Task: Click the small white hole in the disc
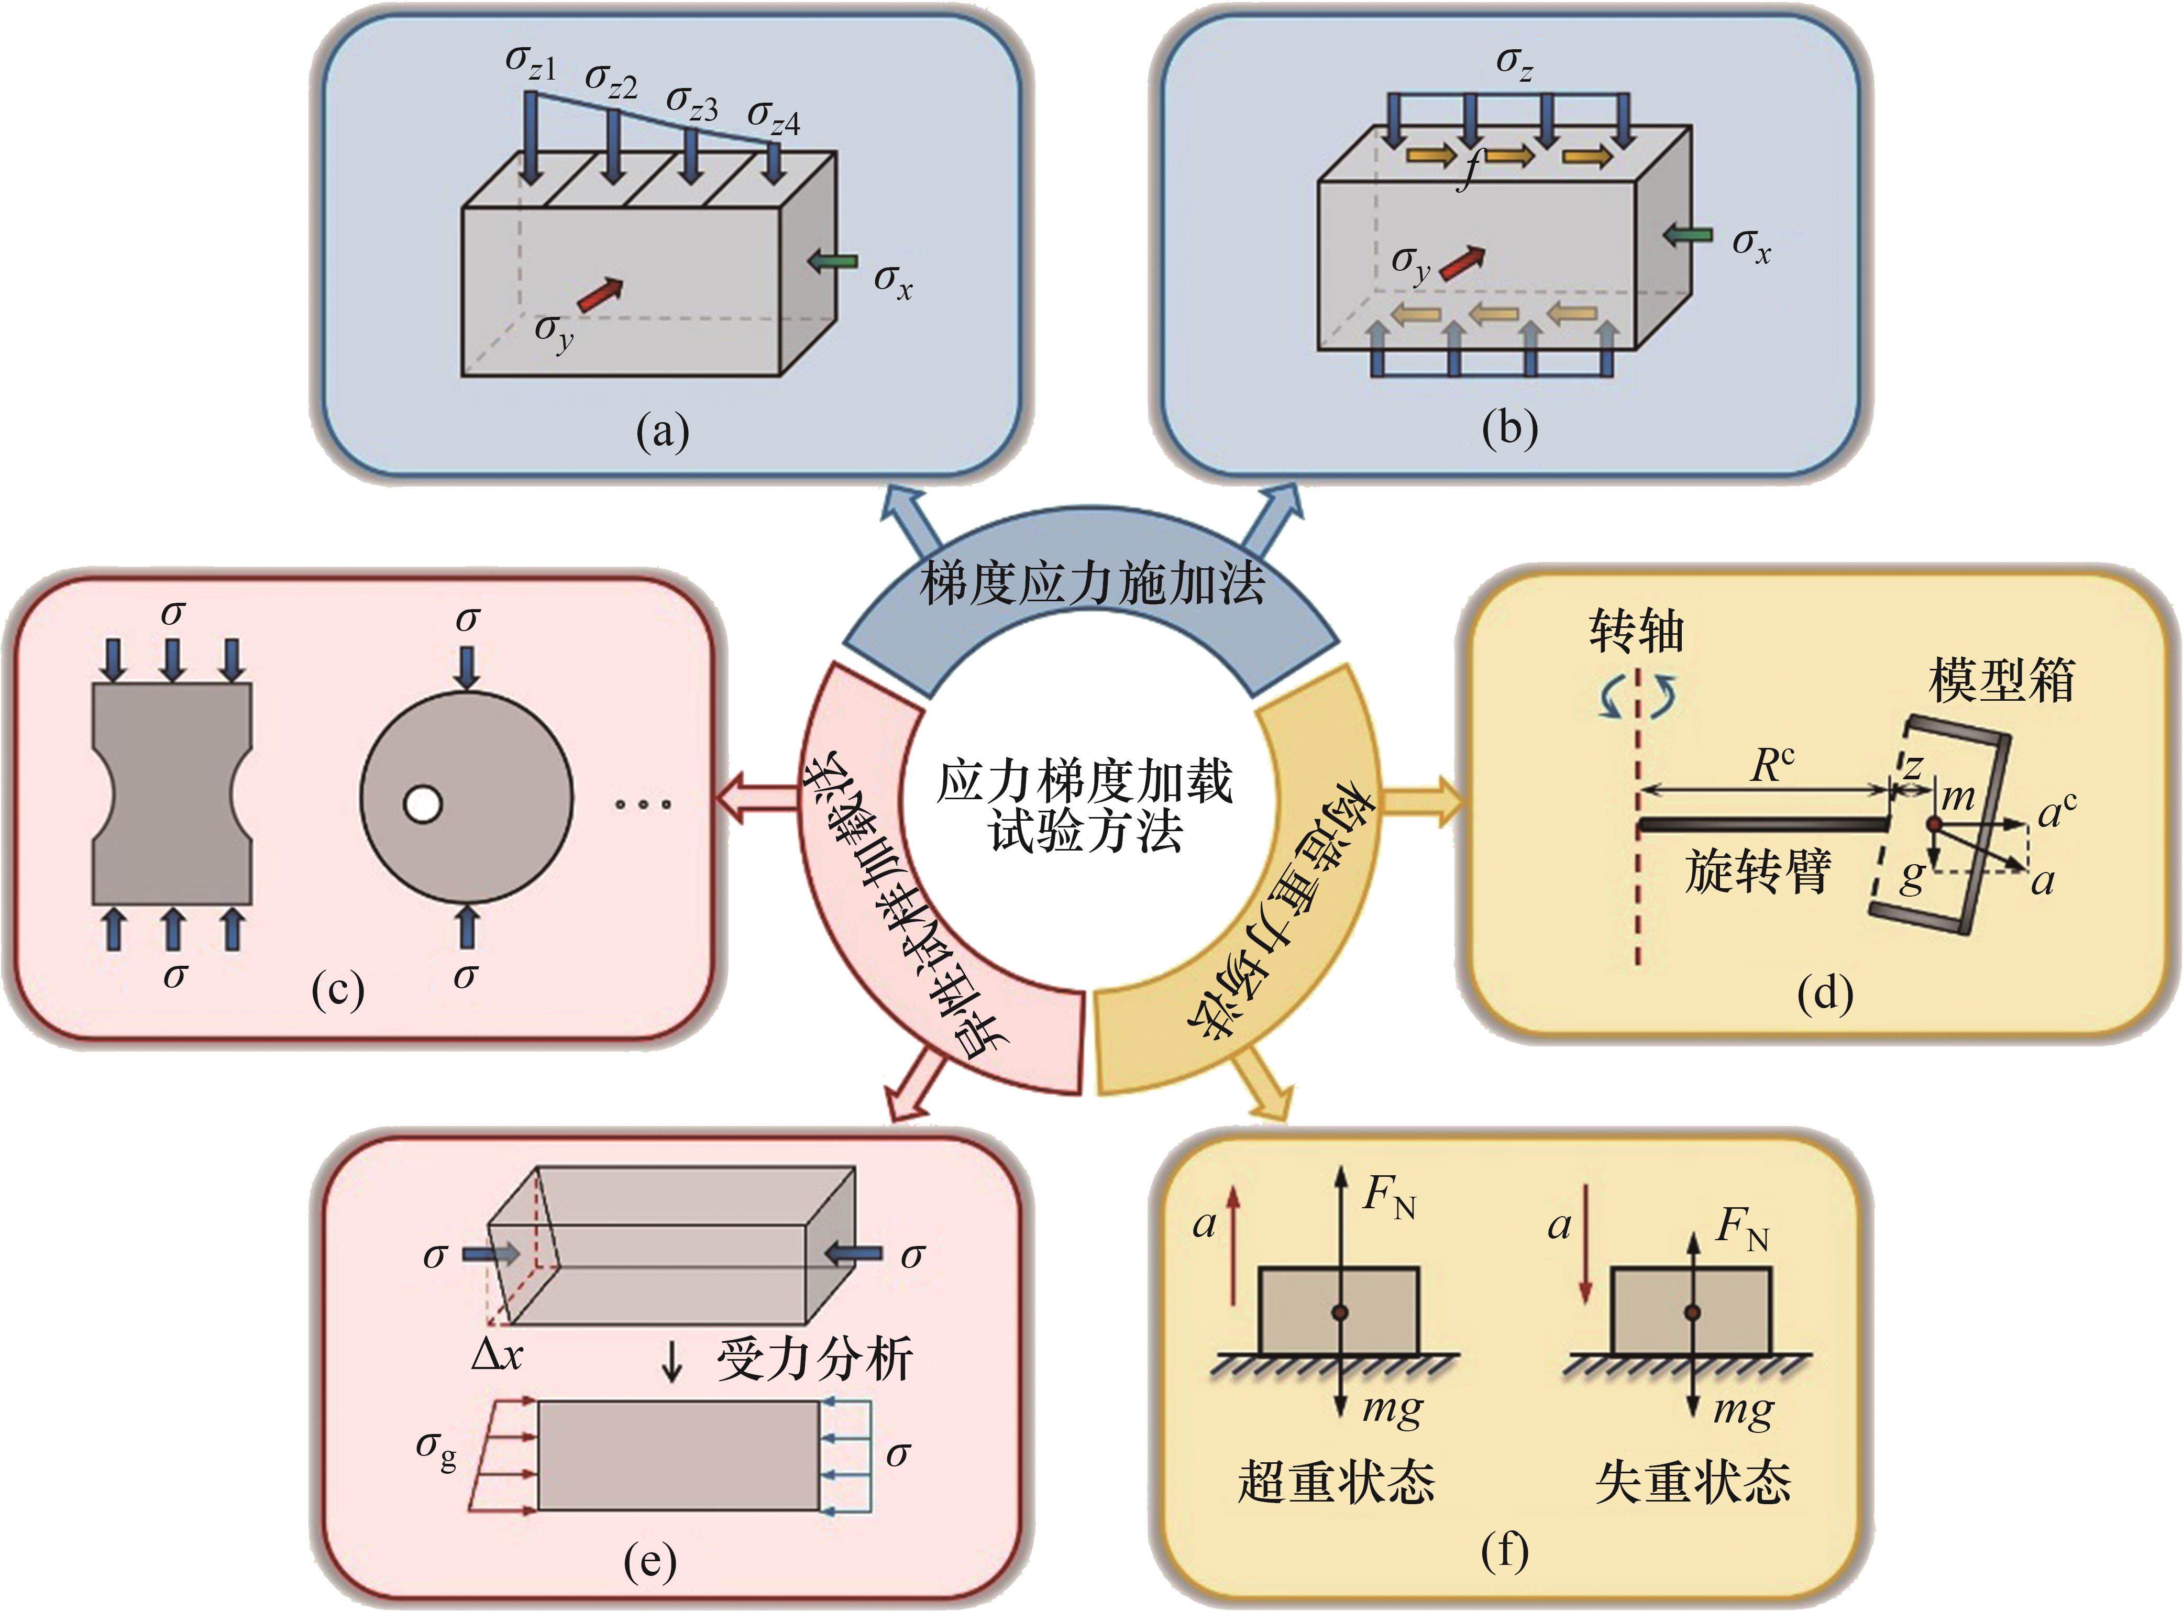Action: click(x=422, y=804)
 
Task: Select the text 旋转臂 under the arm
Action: click(x=1758, y=871)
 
